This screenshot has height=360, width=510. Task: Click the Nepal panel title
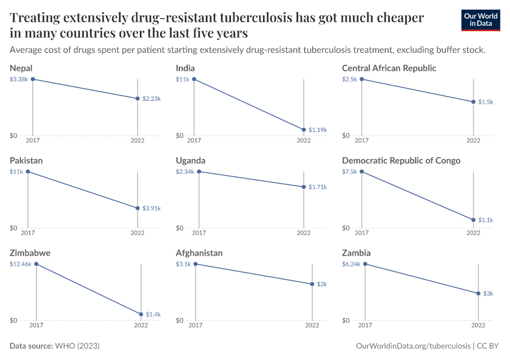coord(21,68)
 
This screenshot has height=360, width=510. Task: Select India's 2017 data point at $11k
coord(194,79)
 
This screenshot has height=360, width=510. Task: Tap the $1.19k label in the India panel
coord(318,130)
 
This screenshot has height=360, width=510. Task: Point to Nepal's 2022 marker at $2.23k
coord(138,98)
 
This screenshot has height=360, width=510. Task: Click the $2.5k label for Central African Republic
coord(350,79)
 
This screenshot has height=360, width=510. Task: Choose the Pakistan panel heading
coord(26,160)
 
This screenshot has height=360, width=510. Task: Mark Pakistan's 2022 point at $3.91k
coord(137,208)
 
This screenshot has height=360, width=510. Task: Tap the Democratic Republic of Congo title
coord(401,160)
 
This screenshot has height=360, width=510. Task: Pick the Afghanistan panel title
coord(199,253)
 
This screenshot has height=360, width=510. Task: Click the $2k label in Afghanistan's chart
coord(322,284)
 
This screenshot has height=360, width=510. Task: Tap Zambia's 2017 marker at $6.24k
coord(365,264)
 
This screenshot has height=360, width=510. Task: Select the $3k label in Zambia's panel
coord(488,293)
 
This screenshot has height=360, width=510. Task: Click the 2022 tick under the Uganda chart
coord(304,233)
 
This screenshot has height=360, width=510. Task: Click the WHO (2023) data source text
coord(77,346)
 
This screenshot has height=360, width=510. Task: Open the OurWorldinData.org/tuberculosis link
coord(413,346)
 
